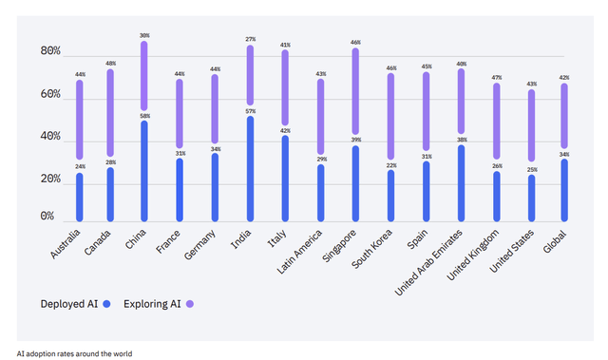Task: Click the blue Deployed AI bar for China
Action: coord(143,171)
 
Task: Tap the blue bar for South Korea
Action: coord(389,195)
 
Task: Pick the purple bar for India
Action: coord(250,75)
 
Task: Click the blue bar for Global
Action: coord(565,189)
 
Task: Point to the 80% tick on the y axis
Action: coord(50,52)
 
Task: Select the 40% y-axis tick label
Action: coord(50,136)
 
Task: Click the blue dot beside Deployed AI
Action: coord(107,304)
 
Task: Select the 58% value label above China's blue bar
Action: coord(144,115)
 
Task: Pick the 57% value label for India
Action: coord(250,110)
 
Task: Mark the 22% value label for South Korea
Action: coord(389,164)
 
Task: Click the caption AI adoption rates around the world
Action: coord(75,353)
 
